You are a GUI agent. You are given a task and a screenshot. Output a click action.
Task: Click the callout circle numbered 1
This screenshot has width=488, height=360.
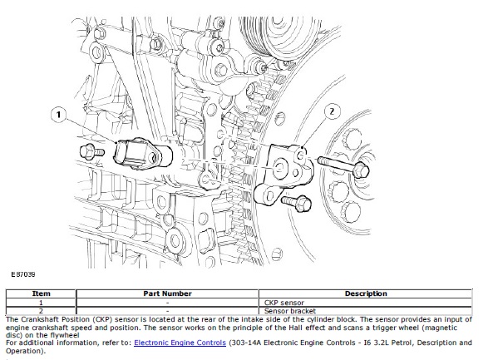59,115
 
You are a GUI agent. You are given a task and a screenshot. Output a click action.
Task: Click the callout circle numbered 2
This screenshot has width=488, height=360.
332,111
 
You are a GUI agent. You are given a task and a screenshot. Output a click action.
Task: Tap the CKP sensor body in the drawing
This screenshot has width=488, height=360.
142,154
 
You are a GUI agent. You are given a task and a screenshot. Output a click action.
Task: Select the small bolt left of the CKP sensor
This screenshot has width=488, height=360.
91,152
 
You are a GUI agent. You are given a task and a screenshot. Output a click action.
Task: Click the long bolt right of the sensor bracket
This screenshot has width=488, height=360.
343,167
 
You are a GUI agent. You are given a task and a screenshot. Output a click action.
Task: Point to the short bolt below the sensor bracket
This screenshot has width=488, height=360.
296,202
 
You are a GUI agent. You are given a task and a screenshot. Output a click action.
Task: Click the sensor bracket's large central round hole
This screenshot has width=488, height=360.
279,169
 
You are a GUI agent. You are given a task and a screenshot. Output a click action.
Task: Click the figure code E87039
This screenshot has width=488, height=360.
23,274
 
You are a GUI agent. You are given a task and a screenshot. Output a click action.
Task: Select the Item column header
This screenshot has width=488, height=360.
41,293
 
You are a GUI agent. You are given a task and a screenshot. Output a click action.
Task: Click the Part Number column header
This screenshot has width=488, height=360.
167,293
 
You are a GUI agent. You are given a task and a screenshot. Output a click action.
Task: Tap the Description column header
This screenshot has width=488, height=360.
366,293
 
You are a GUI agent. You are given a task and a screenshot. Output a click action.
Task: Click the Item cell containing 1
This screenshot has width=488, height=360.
41,303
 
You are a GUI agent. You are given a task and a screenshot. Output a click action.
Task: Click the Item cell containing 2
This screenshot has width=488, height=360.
41,311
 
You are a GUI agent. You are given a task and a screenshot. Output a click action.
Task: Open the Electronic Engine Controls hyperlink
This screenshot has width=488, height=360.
180,343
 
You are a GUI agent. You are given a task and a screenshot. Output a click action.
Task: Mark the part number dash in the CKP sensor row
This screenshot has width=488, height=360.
167,303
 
